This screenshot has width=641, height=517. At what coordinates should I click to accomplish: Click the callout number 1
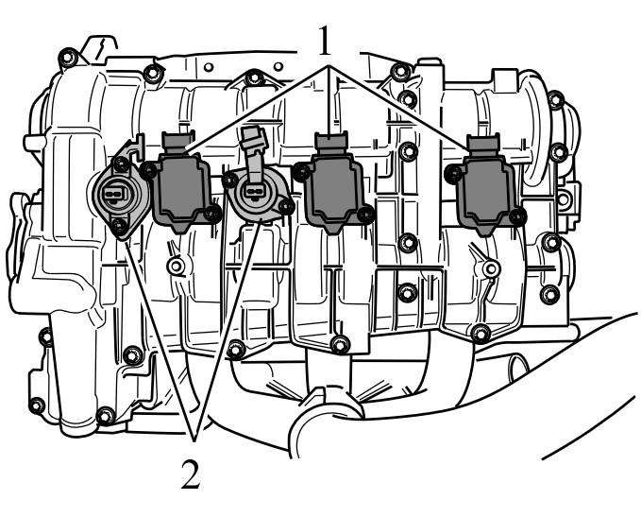(325, 40)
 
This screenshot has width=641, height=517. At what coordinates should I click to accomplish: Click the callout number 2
(191, 474)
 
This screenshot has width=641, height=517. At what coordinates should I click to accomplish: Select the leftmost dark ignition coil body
(182, 189)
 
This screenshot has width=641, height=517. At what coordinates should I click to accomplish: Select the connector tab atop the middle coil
(330, 143)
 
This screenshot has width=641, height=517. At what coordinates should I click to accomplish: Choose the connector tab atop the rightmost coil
(483, 145)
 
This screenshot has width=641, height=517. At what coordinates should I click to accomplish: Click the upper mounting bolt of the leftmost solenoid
(120, 164)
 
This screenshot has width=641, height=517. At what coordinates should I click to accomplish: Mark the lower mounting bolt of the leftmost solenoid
(119, 225)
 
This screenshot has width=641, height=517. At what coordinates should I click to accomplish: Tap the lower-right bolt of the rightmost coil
(518, 215)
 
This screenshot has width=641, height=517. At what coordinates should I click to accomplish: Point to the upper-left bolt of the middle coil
(301, 171)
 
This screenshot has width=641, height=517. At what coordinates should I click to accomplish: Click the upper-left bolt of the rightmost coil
(453, 173)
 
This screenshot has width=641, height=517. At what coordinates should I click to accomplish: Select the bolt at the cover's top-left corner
(68, 58)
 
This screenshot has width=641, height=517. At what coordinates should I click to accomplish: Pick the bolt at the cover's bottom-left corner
(37, 405)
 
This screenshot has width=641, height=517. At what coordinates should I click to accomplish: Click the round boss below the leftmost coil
(176, 267)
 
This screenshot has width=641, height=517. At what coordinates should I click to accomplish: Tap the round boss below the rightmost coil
(491, 268)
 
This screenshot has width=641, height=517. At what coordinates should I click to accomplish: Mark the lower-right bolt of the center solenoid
(287, 206)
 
